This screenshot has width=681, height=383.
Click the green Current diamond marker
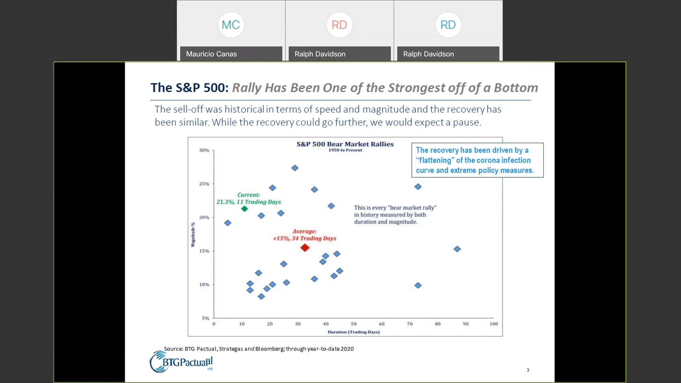click(x=244, y=209)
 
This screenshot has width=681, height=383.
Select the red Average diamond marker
click(x=305, y=248)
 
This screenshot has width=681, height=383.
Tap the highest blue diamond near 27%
click(x=295, y=168)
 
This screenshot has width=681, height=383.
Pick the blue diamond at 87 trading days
click(x=457, y=249)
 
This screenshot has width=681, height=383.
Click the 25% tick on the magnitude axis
click(x=204, y=184)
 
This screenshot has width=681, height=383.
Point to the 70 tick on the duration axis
click(x=410, y=324)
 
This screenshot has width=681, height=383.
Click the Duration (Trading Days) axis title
click(x=353, y=332)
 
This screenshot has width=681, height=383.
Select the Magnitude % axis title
click(x=193, y=234)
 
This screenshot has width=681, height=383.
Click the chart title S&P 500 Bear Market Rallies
click(x=345, y=144)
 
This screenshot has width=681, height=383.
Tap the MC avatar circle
click(x=231, y=25)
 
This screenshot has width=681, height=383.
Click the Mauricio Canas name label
click(x=211, y=54)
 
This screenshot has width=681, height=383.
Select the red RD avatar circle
click(x=339, y=25)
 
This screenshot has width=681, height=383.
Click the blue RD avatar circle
click(x=448, y=25)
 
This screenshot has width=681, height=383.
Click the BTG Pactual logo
click(x=181, y=362)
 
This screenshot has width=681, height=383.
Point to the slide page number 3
click(x=528, y=370)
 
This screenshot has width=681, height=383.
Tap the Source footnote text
click(x=259, y=349)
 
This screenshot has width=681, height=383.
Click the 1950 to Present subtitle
click(x=345, y=150)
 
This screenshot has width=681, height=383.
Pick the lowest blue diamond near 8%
click(x=261, y=296)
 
